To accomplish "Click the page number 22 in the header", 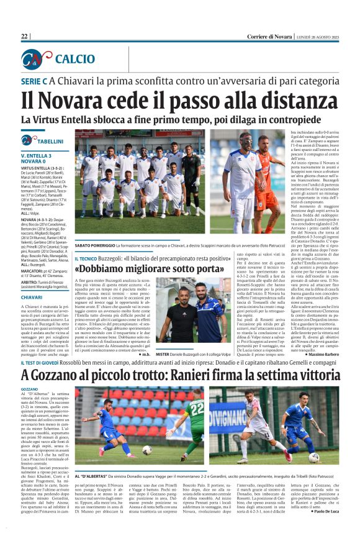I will (x=25, y=37).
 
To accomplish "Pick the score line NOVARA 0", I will (x=35, y=161).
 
